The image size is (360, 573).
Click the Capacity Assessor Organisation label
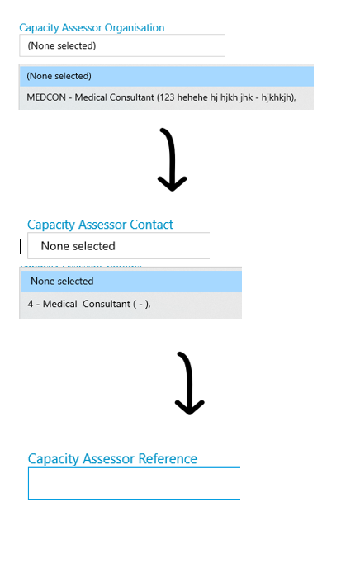[92, 28]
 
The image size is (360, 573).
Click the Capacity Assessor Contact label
[100, 225]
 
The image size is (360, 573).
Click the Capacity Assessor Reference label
[112, 458]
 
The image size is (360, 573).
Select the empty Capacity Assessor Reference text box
[134, 483]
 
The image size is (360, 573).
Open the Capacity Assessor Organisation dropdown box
[121, 45]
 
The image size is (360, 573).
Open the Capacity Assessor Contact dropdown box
[118, 245]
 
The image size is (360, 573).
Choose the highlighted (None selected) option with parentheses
[166, 76]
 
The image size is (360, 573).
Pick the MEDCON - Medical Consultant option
[166, 97]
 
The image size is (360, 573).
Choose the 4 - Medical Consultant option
[130, 305]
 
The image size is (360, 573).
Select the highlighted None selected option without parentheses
[130, 281]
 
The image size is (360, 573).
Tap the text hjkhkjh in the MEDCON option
[277, 98]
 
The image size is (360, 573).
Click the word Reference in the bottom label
[168, 458]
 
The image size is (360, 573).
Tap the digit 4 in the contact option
[31, 304]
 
